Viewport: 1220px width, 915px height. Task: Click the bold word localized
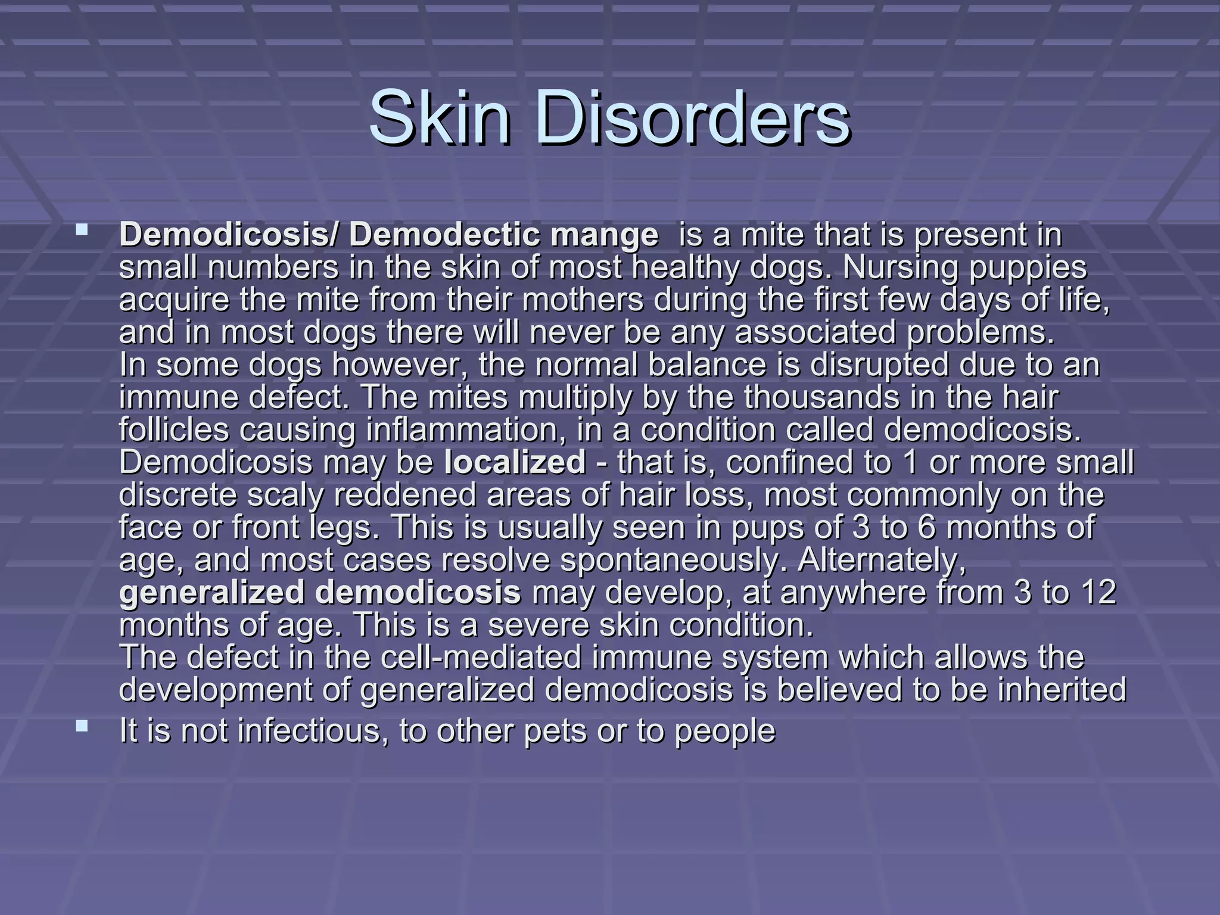tap(515, 462)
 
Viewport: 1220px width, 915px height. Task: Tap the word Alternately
tap(881, 561)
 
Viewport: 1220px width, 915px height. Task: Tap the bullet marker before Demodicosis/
tap(82, 229)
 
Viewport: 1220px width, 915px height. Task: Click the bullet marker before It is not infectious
tap(82, 725)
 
